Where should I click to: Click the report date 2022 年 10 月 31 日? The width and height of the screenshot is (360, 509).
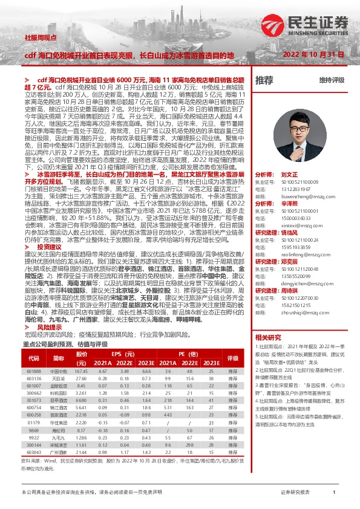309,55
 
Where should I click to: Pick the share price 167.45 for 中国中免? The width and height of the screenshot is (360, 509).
81,371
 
